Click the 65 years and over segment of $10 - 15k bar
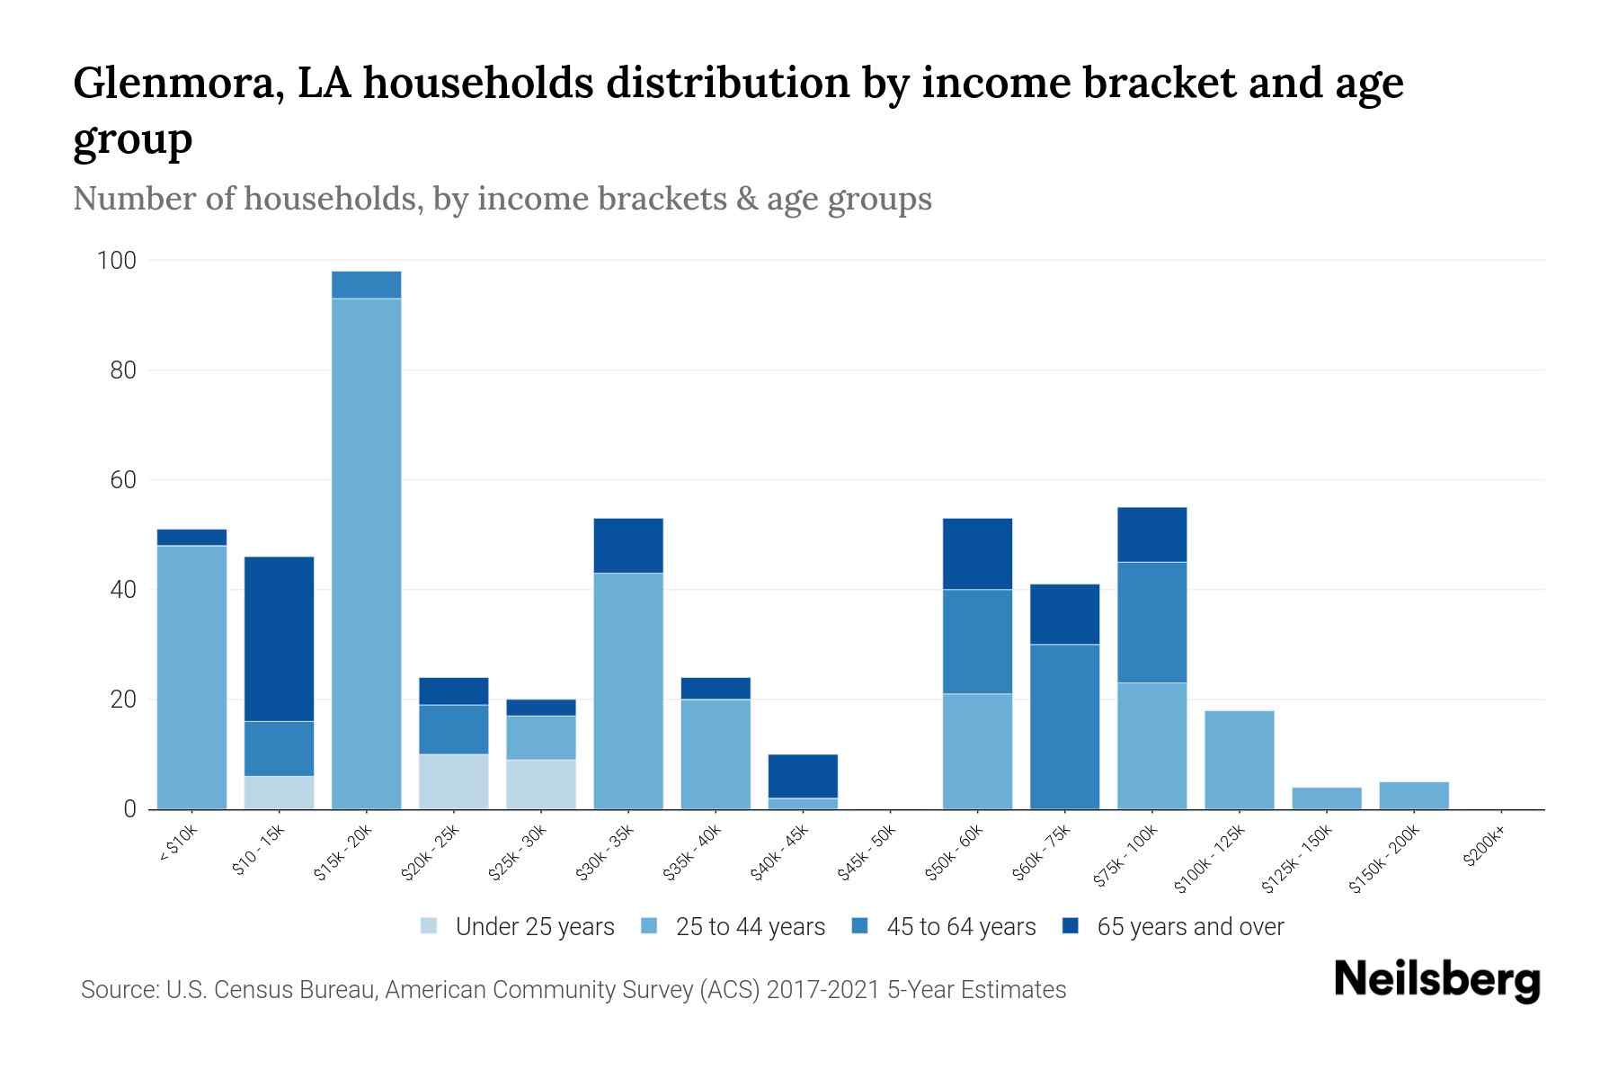(x=280, y=638)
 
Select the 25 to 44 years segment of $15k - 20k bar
(x=367, y=553)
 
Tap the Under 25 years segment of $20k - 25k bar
(x=454, y=781)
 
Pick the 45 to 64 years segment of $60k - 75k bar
(x=1065, y=727)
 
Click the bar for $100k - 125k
(x=1240, y=760)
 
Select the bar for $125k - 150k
(x=1327, y=798)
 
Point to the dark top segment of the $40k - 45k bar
(x=803, y=776)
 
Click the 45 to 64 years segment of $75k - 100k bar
(x=1152, y=622)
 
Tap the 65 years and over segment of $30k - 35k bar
(x=628, y=546)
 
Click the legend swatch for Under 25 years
(x=430, y=926)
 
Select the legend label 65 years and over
(x=1190, y=927)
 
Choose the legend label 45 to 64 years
(x=961, y=927)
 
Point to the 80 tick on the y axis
(x=123, y=370)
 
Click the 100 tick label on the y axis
(x=117, y=261)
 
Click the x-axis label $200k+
(x=1483, y=849)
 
